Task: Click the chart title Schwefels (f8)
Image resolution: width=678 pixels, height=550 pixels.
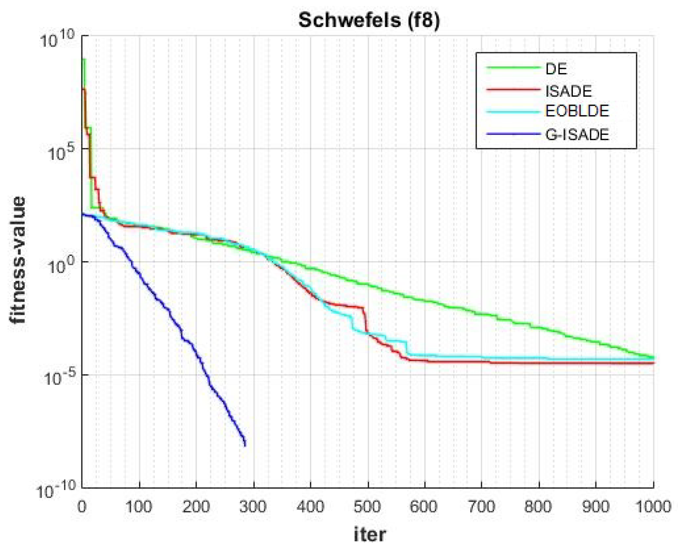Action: pos(369,20)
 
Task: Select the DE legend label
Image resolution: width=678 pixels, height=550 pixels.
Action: pos(556,69)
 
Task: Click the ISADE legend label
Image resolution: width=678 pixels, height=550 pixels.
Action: pos(568,91)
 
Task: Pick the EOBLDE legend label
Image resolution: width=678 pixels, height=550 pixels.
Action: pos(577,111)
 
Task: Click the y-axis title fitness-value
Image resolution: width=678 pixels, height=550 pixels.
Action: pos(17,259)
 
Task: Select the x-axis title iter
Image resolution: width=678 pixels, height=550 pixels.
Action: pos(369,534)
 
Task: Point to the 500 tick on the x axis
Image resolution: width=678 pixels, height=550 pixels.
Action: pos(367,507)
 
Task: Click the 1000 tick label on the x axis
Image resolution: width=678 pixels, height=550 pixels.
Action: pos(653,507)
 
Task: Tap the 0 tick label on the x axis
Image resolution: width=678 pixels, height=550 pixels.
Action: pos(82,507)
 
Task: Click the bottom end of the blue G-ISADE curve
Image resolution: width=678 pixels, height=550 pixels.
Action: pos(245,445)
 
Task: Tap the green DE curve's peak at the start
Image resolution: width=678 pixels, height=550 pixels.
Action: pos(84,59)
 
